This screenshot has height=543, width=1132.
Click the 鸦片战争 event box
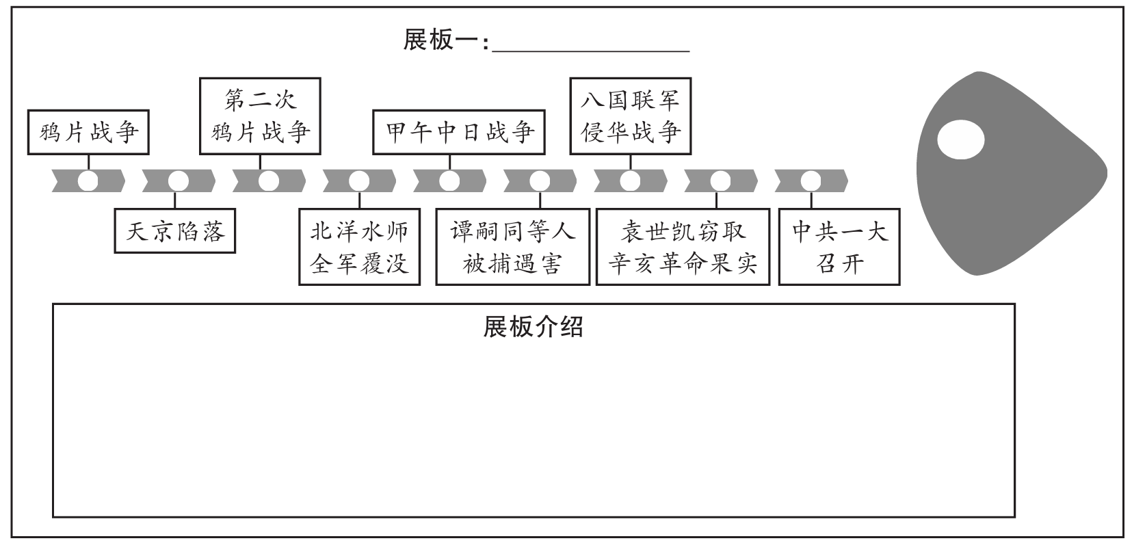(88, 131)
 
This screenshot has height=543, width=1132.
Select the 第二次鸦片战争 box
(261, 116)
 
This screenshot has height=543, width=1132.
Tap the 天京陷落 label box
(175, 232)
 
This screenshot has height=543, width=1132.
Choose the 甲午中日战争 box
(459, 131)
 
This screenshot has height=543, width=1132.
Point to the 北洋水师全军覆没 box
(360, 246)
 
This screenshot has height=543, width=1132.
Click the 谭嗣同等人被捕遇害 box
(512, 246)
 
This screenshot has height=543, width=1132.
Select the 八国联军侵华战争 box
(630, 116)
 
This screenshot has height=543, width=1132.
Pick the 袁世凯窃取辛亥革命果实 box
(683, 246)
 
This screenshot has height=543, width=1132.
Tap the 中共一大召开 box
(839, 246)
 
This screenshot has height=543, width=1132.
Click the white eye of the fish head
(960, 141)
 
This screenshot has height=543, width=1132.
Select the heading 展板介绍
(533, 328)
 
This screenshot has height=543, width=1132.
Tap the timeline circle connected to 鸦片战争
(88, 181)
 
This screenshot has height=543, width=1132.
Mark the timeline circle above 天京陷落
(179, 181)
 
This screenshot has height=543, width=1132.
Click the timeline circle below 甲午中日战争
(449, 181)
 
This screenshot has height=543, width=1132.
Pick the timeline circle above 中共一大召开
(811, 181)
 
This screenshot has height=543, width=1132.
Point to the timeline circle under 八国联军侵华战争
(630, 181)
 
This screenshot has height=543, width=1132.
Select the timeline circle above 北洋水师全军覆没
(359, 181)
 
